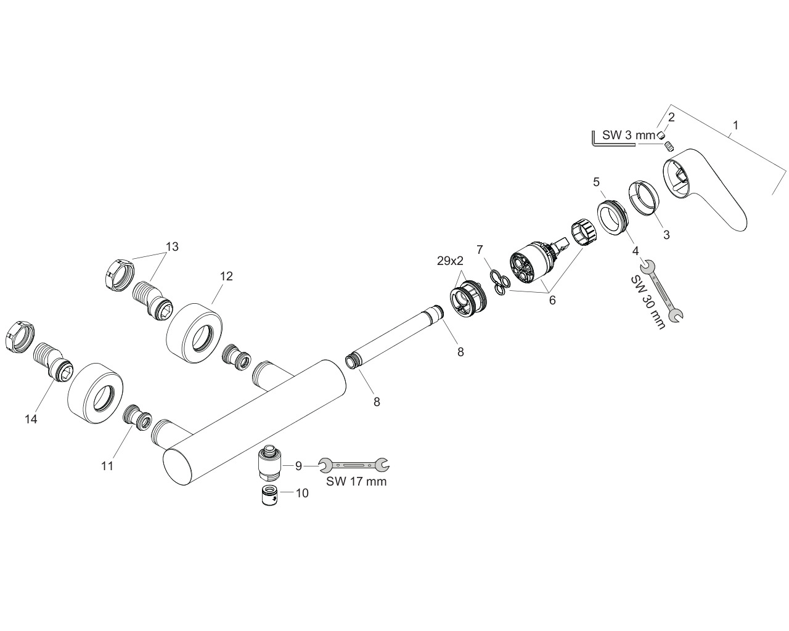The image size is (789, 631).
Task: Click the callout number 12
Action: [226, 276]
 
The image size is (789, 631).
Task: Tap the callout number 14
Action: [31, 418]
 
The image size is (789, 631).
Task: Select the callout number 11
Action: [107, 466]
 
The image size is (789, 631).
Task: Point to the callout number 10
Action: [302, 493]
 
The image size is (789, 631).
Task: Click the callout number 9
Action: [298, 466]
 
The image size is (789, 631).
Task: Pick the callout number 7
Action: [480, 250]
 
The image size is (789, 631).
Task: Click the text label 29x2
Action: [450, 261]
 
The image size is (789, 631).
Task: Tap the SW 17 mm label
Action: [356, 481]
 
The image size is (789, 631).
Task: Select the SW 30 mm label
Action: [648, 298]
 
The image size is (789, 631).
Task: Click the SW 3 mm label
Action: [629, 135]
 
